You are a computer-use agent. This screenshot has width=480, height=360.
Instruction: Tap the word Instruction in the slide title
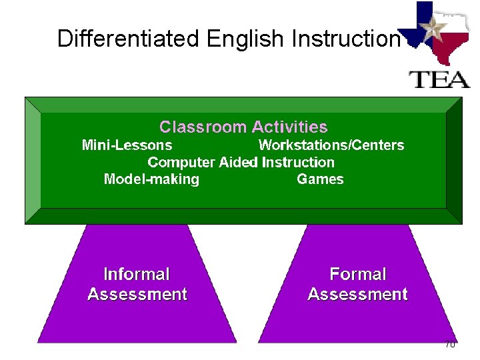pyautogui.click(x=345, y=39)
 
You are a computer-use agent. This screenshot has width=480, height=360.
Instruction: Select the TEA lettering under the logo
pyautogui.click(x=439, y=78)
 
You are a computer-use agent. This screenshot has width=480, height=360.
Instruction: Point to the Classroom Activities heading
pyautogui.click(x=243, y=127)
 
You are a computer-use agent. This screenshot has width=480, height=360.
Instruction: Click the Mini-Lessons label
pyautogui.click(x=127, y=145)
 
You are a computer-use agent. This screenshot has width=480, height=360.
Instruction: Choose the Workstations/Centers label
pyautogui.click(x=331, y=145)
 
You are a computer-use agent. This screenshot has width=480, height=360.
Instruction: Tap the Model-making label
pyautogui.click(x=151, y=179)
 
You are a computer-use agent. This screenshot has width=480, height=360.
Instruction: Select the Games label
pyautogui.click(x=320, y=179)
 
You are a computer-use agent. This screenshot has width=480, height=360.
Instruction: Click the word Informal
pyautogui.click(x=137, y=274)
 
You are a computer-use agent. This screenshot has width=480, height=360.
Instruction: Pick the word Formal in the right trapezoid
pyautogui.click(x=357, y=274)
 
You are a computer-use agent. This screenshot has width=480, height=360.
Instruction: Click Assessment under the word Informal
pyautogui.click(x=137, y=294)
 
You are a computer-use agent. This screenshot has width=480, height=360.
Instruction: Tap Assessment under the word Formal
pyautogui.click(x=357, y=294)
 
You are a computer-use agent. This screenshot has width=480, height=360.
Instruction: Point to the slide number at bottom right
pyautogui.click(x=449, y=344)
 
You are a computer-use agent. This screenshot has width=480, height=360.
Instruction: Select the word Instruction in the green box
pyautogui.click(x=298, y=162)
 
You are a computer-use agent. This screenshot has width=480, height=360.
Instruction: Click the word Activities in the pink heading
pyautogui.click(x=289, y=127)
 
